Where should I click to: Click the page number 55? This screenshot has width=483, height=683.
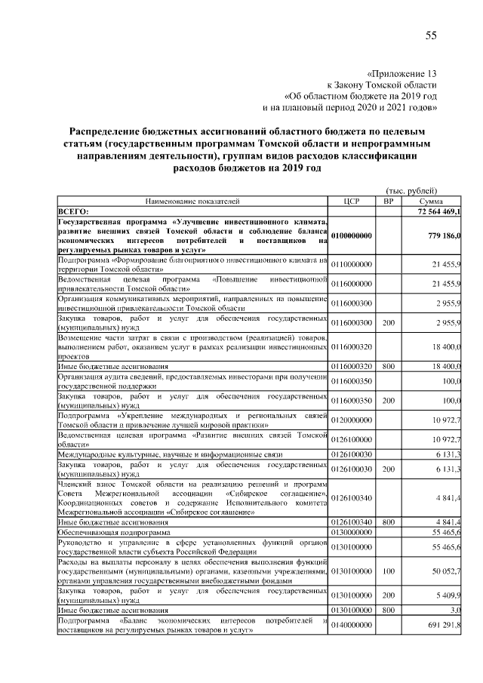tap(431, 35)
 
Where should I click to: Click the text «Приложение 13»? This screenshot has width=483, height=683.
tap(401, 74)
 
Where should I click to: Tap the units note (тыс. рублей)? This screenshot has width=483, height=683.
tap(411, 191)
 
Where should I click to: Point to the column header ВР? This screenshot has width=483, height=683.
tap(389, 202)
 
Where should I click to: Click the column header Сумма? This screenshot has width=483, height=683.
tap(431, 202)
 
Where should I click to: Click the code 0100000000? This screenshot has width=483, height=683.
tap(352, 236)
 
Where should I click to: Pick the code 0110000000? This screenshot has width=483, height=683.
tap(352, 263)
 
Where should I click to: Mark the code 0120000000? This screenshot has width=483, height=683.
tap(352, 418)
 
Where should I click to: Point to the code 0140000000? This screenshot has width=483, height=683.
tap(352, 624)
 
